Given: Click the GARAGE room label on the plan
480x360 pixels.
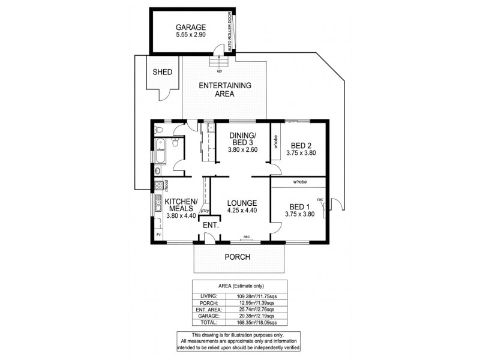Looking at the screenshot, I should pyautogui.click(x=191, y=28).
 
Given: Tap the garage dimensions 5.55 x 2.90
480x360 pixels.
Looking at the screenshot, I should pyautogui.click(x=191, y=36).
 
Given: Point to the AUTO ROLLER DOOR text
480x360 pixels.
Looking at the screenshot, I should pyautogui.click(x=230, y=31).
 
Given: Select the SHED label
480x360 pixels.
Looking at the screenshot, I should pyautogui.click(x=163, y=72).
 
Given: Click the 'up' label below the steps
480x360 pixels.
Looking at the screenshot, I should pyautogui.click(x=220, y=71).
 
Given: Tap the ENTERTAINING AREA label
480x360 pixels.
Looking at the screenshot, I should pyautogui.click(x=225, y=89).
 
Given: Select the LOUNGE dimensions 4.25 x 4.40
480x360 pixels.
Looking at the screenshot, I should pyautogui.click(x=242, y=211).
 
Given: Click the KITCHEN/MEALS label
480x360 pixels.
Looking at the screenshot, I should pyautogui.click(x=181, y=205).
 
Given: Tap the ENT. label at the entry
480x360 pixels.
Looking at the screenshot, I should pyautogui.click(x=210, y=225).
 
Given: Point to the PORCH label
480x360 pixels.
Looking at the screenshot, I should pyautogui.click(x=237, y=257).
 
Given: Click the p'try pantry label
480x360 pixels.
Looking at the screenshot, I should pyautogui.click(x=205, y=210).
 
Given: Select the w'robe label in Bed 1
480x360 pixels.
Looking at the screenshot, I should pyautogui.click(x=300, y=182).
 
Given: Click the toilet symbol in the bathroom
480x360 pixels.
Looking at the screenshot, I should pyautogui.click(x=174, y=143).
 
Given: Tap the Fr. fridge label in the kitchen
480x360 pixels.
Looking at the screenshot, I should pyautogui.click(x=158, y=235).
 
